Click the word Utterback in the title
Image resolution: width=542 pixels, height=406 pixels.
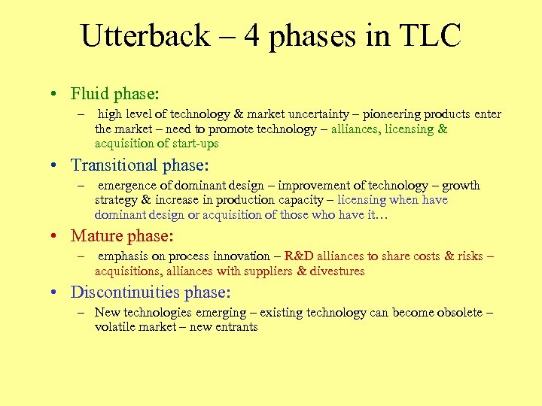(145, 36)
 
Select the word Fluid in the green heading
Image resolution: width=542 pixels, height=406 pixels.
(90, 94)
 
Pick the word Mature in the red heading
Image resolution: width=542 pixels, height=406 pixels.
(96, 236)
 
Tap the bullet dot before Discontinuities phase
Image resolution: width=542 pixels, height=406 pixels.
(56, 293)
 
